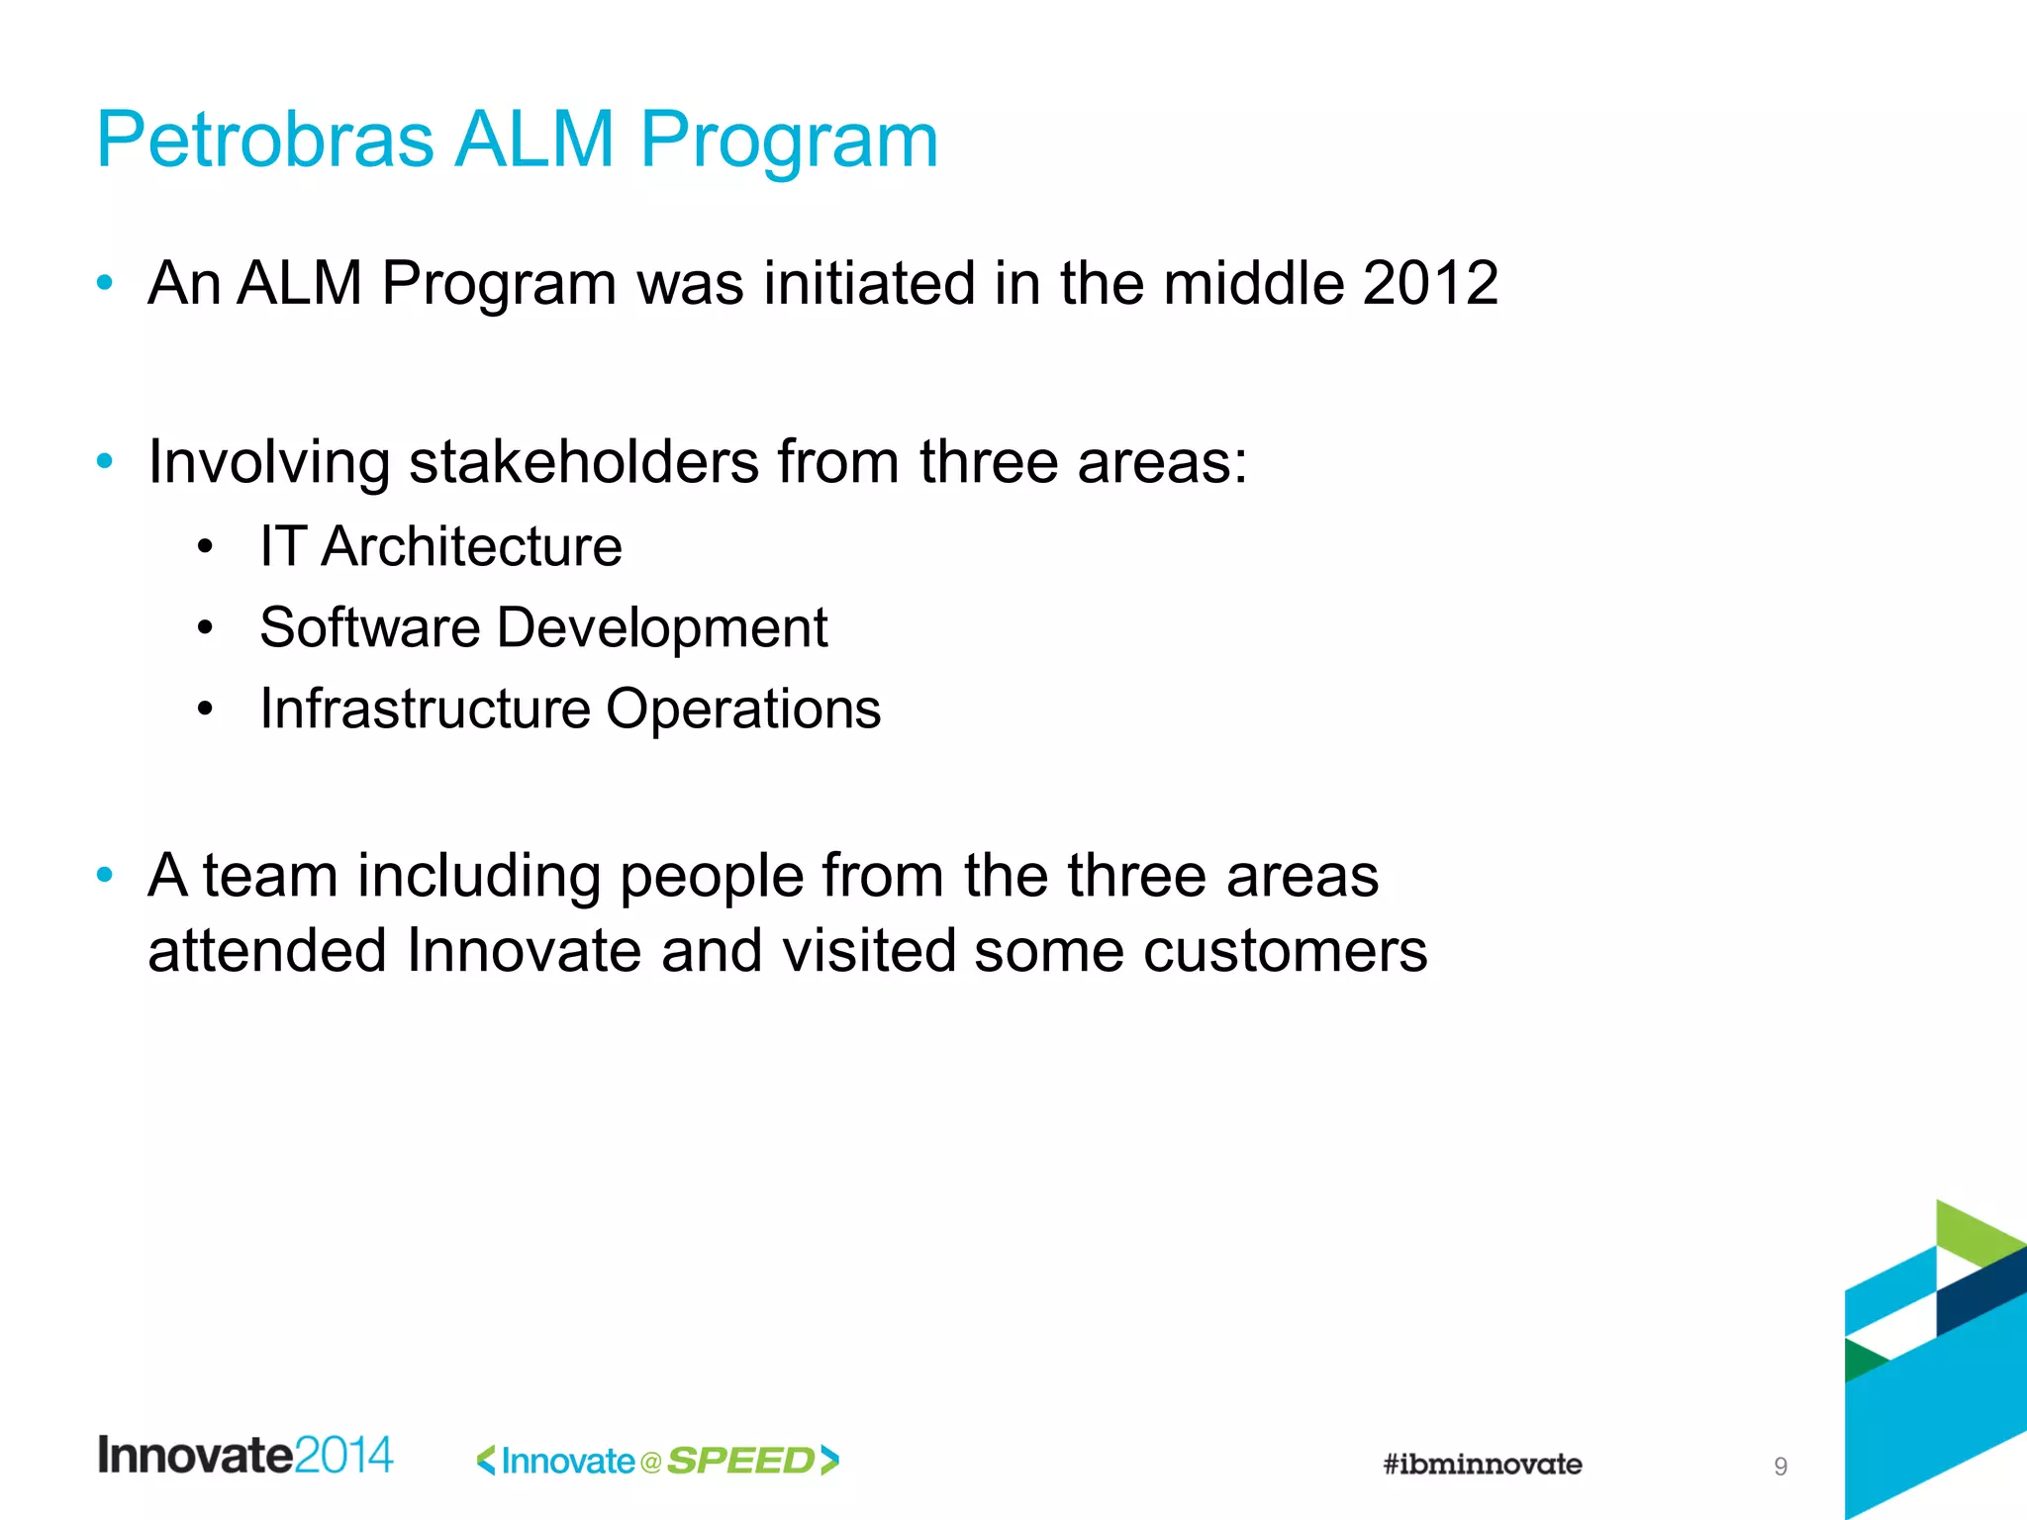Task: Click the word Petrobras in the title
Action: [265, 140]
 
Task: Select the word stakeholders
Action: [584, 462]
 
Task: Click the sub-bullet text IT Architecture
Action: [440, 546]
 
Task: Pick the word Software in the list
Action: [369, 627]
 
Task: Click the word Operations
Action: [742, 709]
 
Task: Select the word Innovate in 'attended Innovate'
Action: [524, 951]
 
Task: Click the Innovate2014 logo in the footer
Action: [245, 1456]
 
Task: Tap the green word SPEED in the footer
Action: [740, 1461]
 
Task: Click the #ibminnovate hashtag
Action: [1482, 1464]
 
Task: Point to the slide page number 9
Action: [1781, 1467]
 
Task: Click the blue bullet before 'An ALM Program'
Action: [105, 284]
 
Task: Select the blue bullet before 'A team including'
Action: [105, 875]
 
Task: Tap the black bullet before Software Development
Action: [205, 627]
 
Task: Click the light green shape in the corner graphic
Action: [1975, 1232]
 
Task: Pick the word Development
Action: [661, 627]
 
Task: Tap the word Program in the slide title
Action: [789, 140]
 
